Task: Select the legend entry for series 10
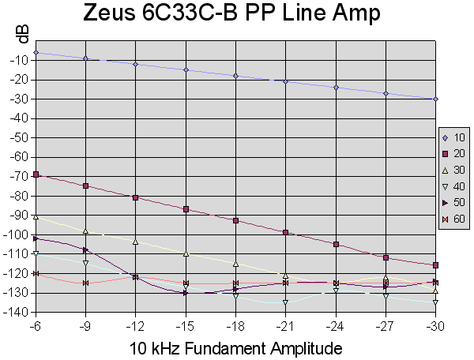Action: pyautogui.click(x=452, y=138)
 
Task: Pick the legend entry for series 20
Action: pyautogui.click(x=452, y=154)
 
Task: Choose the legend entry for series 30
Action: pyautogui.click(x=452, y=170)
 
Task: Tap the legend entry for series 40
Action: pyautogui.click(x=452, y=186)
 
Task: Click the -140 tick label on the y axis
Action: pyautogui.click(x=17, y=313)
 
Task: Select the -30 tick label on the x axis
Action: pyautogui.click(x=435, y=324)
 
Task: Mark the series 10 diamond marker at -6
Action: pyautogui.click(x=36, y=53)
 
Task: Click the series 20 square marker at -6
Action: pyautogui.click(x=36, y=174)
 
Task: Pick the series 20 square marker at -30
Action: pyautogui.click(x=435, y=265)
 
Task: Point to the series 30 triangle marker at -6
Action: pyautogui.click(x=36, y=216)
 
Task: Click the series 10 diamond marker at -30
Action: pyautogui.click(x=435, y=99)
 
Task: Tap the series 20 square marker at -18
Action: pyautogui.click(x=235, y=220)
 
